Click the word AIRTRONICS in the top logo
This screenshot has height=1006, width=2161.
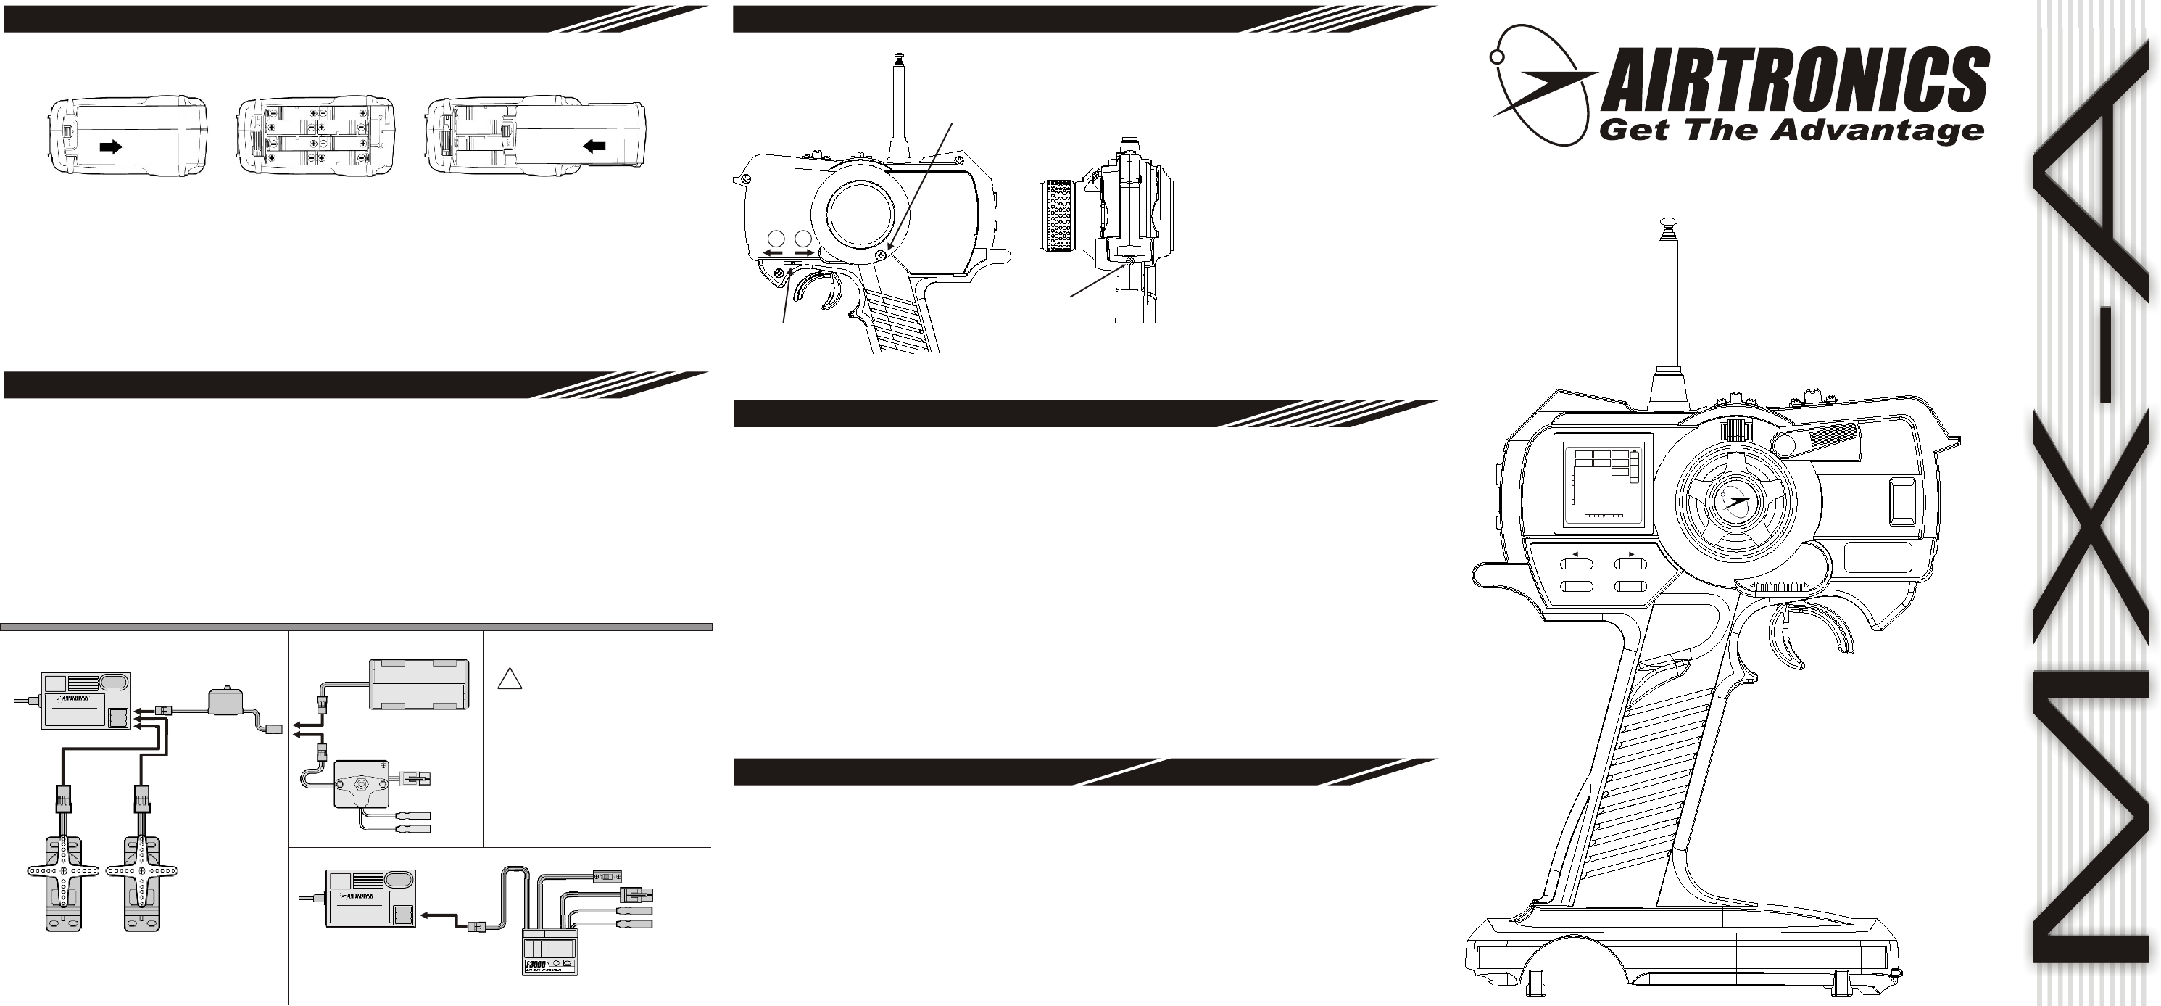1795,84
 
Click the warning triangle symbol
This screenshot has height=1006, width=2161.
509,677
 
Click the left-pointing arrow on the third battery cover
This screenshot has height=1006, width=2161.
594,146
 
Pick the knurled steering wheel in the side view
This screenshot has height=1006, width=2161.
1061,215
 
